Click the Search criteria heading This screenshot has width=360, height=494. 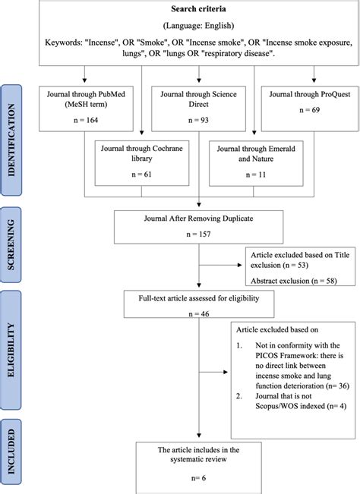coord(198,9)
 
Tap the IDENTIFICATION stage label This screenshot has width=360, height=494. coord(11,140)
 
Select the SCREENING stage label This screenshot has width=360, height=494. coord(11,245)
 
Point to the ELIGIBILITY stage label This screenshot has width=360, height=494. coord(11,350)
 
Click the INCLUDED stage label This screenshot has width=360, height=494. coord(11,452)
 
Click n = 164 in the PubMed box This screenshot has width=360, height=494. coord(86,120)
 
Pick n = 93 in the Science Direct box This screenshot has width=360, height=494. coord(198,120)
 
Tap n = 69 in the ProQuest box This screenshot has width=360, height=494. coord(310,110)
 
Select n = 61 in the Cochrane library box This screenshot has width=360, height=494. coord(141,175)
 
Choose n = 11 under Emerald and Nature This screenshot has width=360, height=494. coord(256,175)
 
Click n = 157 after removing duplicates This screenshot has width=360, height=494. coord(198,234)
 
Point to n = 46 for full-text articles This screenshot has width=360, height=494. coord(198,314)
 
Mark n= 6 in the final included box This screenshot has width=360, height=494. coord(198,478)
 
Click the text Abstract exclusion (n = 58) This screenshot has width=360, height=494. coord(293,281)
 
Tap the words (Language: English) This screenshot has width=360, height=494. coord(198,26)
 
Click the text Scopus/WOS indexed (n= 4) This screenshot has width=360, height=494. coord(301,406)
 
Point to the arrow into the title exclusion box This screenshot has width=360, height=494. coord(220,265)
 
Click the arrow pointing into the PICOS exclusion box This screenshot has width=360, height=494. coord(213,372)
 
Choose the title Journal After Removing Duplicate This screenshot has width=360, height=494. coord(198,219)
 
